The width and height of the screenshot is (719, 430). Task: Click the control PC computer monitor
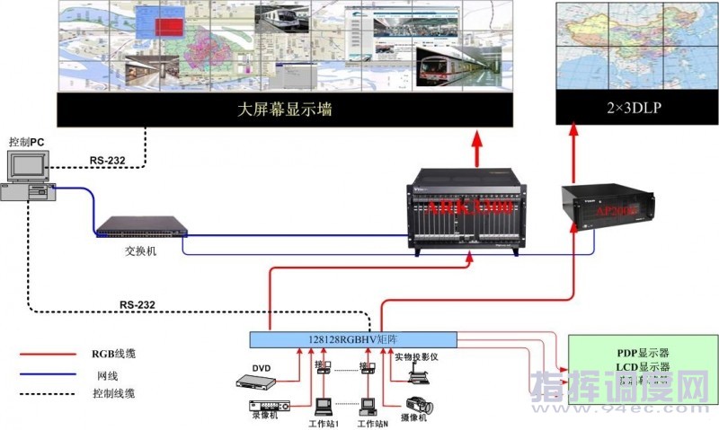coord(26,166)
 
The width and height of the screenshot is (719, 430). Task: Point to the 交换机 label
coord(141,251)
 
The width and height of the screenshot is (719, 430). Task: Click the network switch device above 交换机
coord(142,229)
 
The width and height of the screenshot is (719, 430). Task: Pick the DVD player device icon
coord(257,382)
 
